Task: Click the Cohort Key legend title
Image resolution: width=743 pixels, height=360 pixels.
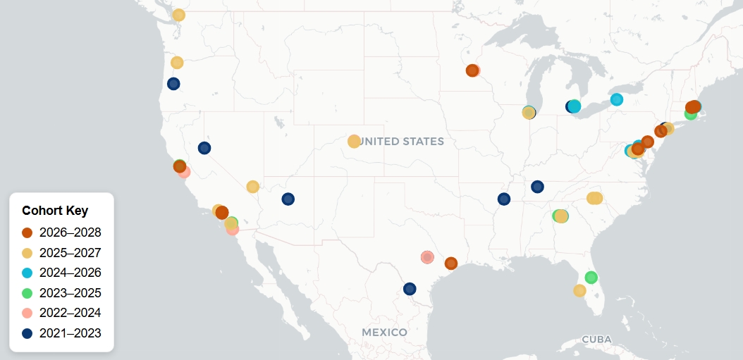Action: (x=55, y=211)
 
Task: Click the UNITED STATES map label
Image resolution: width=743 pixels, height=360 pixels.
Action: (x=403, y=142)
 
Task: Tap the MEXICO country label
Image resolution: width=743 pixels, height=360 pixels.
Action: (x=384, y=332)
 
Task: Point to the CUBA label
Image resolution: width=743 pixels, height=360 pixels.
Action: (x=596, y=340)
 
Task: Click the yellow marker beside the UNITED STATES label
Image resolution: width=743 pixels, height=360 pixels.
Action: (x=354, y=142)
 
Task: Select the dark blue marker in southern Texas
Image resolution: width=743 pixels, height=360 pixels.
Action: (x=410, y=289)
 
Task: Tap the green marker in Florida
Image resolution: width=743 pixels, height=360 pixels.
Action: (x=591, y=278)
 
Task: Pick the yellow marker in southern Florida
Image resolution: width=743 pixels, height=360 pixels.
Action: (x=579, y=291)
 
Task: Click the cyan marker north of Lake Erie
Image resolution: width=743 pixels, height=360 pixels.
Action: (x=617, y=99)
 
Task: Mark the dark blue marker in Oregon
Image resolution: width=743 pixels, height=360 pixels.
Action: (x=173, y=84)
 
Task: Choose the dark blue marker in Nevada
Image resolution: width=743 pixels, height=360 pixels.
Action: (x=204, y=148)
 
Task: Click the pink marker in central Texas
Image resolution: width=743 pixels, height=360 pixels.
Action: (x=426, y=257)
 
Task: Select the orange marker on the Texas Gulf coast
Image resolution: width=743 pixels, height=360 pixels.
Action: (x=451, y=263)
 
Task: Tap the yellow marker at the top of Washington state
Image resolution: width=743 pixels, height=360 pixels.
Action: (x=179, y=15)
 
